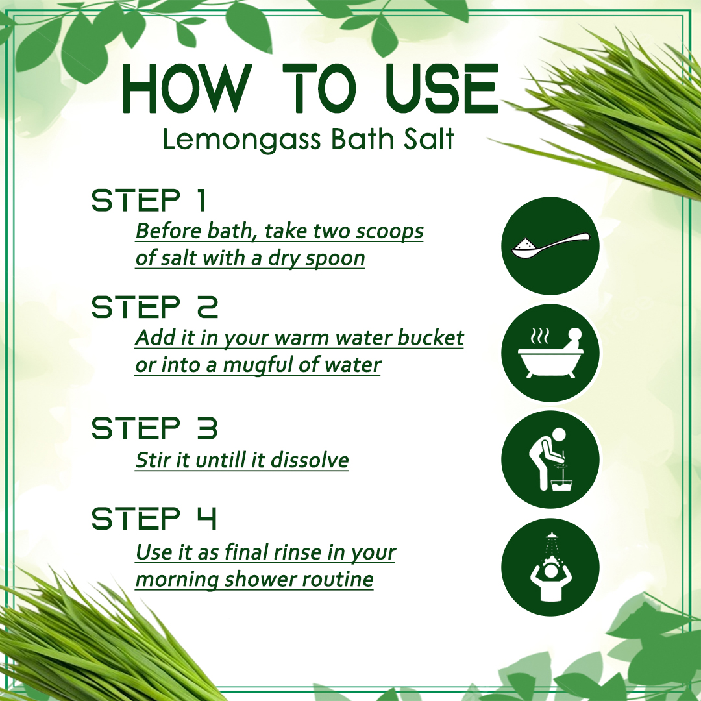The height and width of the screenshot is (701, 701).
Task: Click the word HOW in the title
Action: tap(184, 88)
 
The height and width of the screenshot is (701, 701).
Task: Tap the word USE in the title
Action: tap(442, 88)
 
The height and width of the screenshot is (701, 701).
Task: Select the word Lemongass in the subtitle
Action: tap(241, 140)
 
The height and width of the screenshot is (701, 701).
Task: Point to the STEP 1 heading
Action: tap(149, 200)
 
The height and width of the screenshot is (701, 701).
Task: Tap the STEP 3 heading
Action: tap(154, 428)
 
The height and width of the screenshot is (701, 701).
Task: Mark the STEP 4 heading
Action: tap(154, 519)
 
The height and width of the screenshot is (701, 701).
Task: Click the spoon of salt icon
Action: tap(550, 246)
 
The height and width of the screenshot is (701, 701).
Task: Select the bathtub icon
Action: tap(550, 353)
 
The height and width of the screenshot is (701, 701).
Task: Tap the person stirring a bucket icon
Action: tap(550, 460)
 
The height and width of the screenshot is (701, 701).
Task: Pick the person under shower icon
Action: tap(550, 567)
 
